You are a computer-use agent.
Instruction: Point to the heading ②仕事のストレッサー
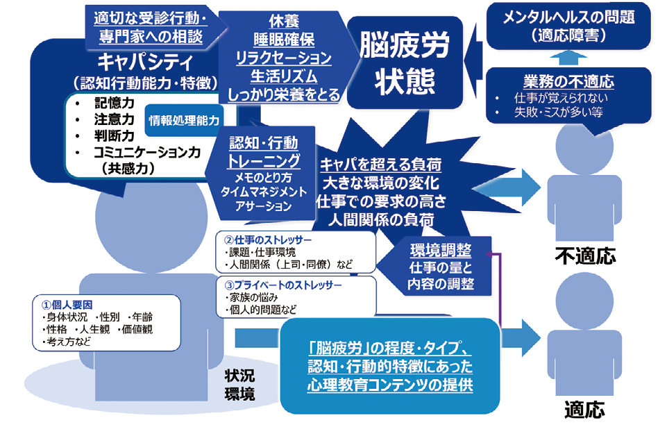click(x=267, y=240)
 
